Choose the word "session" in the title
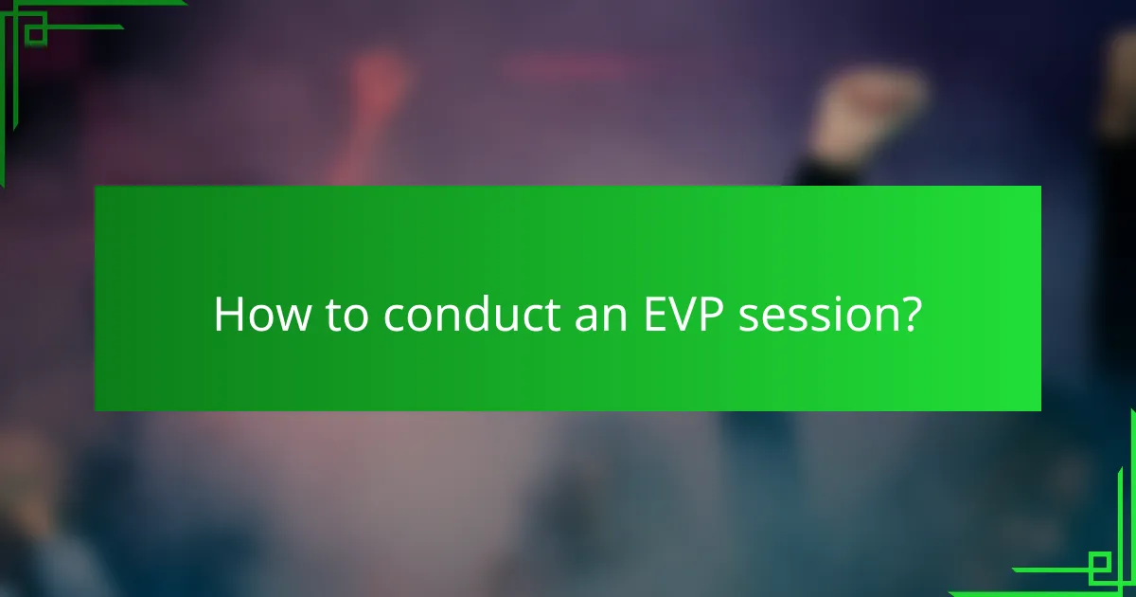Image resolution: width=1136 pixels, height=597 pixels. click(815, 315)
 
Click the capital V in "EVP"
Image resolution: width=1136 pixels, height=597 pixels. click(680, 315)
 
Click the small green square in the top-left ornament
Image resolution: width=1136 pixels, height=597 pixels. click(35, 33)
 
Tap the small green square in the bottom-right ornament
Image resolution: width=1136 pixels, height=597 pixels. click(1100, 567)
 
